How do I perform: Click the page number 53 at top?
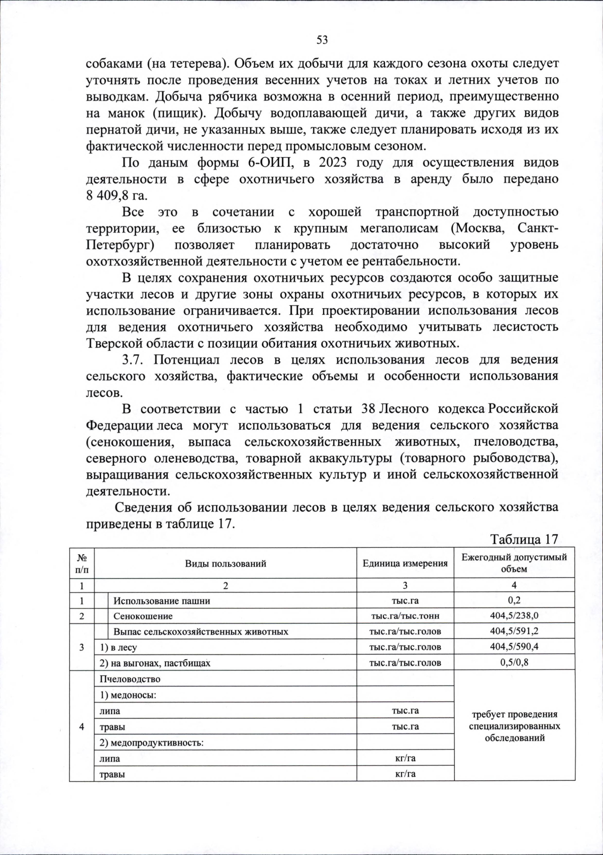pos(322,40)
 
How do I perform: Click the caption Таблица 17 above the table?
pos(524,539)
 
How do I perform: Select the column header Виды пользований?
pos(225,563)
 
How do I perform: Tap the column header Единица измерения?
pos(405,563)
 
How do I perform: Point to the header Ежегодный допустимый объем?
pos(514,563)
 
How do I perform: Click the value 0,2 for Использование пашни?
pos(514,600)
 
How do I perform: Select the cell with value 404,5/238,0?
pos(514,616)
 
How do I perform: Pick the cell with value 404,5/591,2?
pos(514,631)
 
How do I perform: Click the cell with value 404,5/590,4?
pos(514,647)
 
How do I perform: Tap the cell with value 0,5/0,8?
pos(514,662)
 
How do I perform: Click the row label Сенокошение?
pos(143,616)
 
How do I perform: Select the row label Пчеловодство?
pos(130,679)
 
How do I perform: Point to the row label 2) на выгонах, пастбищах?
pos(155,663)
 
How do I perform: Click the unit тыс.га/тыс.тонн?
pos(405,616)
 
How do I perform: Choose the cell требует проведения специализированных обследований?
pos(514,726)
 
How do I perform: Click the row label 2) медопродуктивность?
pos(151,742)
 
